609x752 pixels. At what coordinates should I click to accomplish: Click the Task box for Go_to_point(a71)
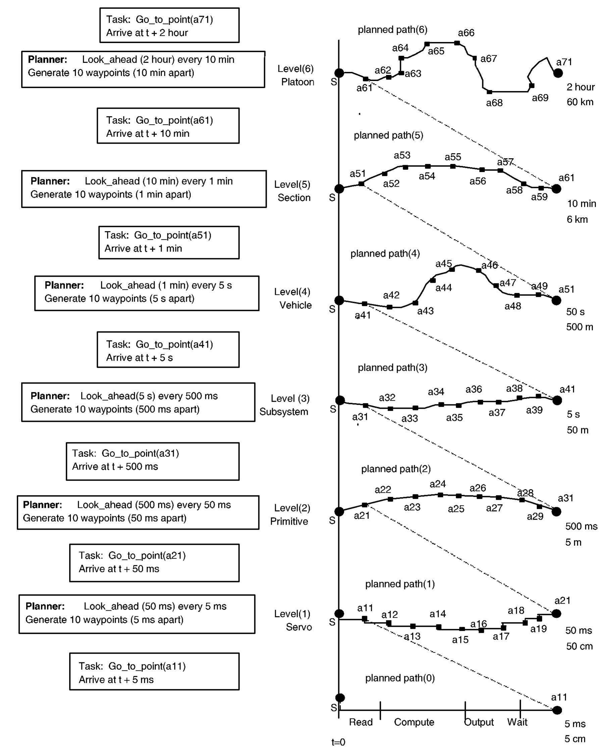click(169, 26)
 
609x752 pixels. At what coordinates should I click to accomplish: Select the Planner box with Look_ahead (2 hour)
click(143, 69)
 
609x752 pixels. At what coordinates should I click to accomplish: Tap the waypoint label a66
click(466, 33)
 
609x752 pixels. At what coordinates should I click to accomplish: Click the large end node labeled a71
click(558, 73)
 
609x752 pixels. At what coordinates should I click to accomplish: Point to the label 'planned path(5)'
click(388, 135)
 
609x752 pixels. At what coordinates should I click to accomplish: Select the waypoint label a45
click(444, 264)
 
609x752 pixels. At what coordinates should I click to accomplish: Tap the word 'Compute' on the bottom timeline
click(414, 722)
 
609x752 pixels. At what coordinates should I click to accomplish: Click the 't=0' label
click(338, 742)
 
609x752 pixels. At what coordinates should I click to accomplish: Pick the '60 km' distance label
click(580, 102)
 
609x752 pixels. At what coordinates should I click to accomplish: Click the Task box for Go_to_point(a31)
click(153, 461)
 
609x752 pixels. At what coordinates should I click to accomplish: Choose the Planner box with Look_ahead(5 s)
click(138, 402)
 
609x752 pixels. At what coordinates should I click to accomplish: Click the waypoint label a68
click(494, 103)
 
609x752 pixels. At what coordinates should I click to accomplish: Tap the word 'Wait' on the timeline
click(517, 722)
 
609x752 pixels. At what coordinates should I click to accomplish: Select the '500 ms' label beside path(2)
click(581, 526)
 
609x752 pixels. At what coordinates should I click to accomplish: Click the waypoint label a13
click(412, 636)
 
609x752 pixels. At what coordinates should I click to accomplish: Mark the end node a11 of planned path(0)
click(557, 710)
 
